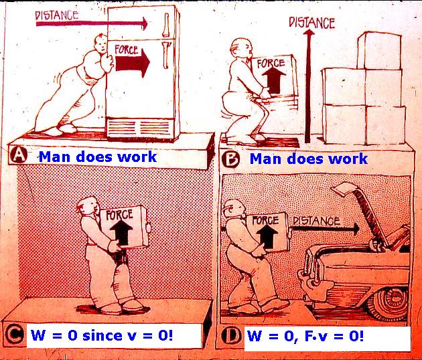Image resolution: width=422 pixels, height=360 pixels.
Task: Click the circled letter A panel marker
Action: coord(19,156)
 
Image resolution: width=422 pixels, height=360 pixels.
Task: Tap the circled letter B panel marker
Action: coord(230,159)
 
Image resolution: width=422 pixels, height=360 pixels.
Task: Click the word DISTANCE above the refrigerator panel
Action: coord(57,13)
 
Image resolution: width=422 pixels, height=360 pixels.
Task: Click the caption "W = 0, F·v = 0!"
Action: coord(305,335)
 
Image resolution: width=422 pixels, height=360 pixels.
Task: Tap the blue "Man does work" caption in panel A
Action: coord(97,157)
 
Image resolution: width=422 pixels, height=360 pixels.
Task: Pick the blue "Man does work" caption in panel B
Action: coord(309,159)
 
